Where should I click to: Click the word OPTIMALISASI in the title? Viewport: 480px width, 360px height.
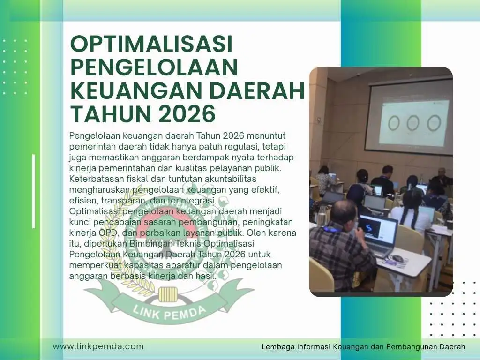pos(151,44)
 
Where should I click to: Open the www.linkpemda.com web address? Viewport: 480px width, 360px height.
pos(98,346)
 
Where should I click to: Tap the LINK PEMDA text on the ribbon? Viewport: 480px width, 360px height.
pos(170,312)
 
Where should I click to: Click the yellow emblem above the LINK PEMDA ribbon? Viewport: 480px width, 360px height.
pos(168,294)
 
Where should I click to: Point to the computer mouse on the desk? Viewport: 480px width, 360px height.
pos(397,258)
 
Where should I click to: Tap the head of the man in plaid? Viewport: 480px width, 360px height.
pos(344,213)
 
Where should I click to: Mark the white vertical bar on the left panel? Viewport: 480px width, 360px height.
pos(34,191)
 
